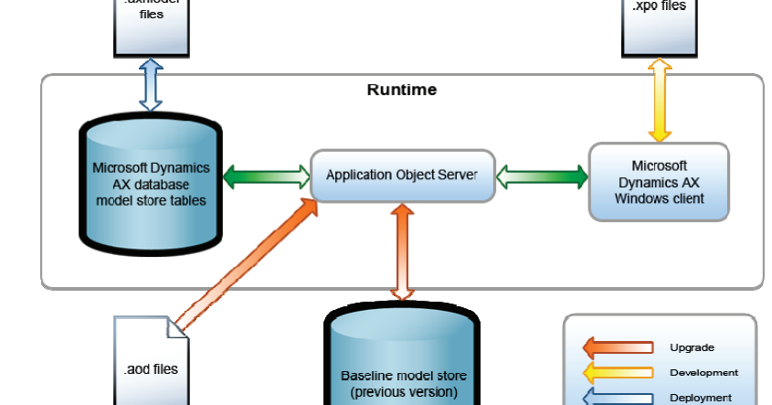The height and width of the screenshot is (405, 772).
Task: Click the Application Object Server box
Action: (x=401, y=176)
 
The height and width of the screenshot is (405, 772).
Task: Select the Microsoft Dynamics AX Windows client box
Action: (x=659, y=182)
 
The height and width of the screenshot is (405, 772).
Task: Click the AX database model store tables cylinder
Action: (x=151, y=183)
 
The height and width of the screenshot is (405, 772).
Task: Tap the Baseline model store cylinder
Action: (x=403, y=366)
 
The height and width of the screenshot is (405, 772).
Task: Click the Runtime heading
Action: (x=401, y=90)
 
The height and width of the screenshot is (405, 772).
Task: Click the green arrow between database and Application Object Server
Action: (x=266, y=175)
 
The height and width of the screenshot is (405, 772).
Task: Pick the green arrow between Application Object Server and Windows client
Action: (x=542, y=175)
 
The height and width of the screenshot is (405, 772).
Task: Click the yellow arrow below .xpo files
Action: (x=659, y=101)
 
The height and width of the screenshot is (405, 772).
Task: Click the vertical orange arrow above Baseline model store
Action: (x=402, y=251)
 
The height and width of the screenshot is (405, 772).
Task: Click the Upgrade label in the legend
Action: (x=692, y=347)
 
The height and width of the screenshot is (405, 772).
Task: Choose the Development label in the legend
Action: (x=703, y=372)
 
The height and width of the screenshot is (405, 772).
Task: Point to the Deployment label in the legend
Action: (x=701, y=397)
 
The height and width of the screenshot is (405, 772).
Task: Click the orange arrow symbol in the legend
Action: (x=619, y=347)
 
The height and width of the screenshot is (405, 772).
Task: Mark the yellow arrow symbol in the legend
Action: (x=619, y=372)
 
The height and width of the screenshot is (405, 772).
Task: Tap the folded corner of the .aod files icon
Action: (x=180, y=327)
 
